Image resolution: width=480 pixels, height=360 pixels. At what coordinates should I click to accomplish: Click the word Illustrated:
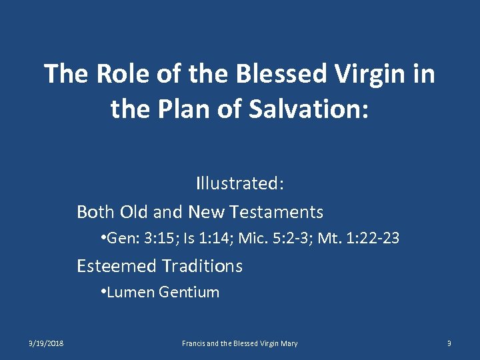pyautogui.click(x=240, y=182)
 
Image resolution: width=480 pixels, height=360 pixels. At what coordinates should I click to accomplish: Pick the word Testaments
pyautogui.click(x=276, y=212)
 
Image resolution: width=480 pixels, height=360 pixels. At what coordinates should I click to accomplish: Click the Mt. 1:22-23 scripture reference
pyautogui.click(x=361, y=238)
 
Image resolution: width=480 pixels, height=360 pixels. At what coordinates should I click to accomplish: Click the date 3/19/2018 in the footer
pyautogui.click(x=46, y=343)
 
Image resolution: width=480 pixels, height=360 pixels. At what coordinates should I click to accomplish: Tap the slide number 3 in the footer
pyautogui.click(x=449, y=343)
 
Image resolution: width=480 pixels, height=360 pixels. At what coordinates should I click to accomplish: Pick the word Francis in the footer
pyautogui.click(x=194, y=343)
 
